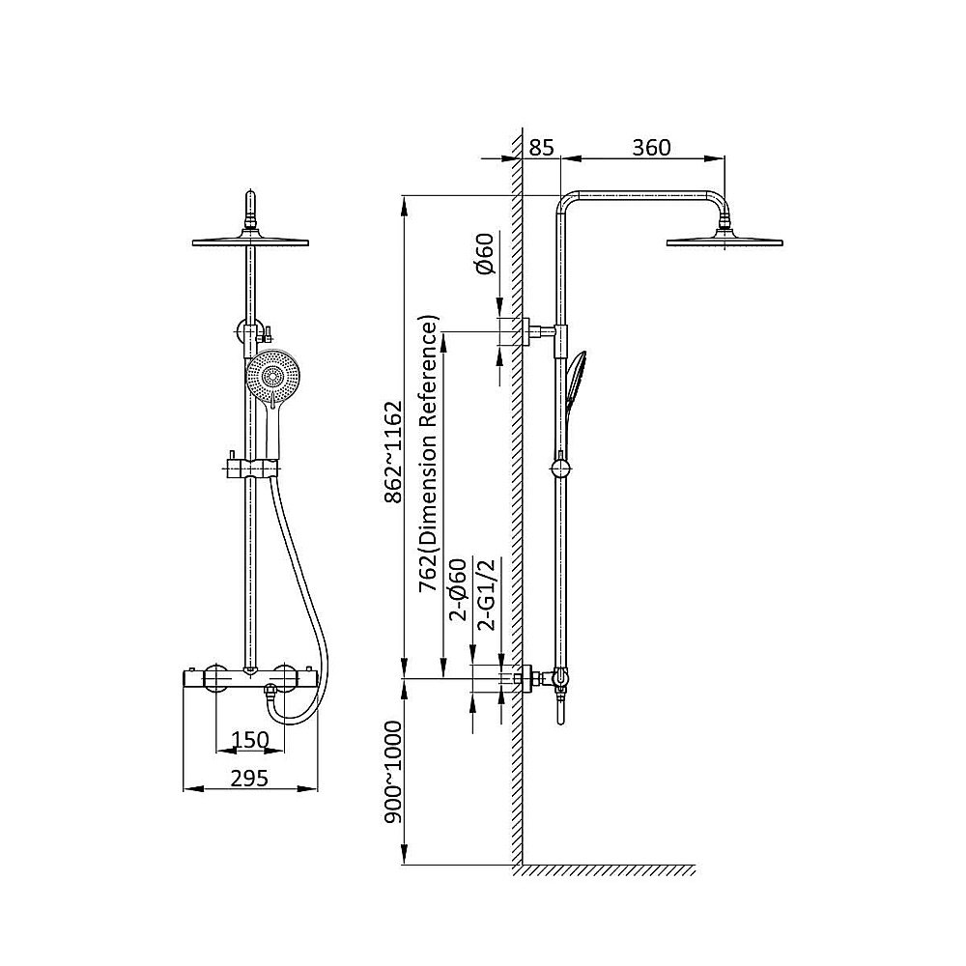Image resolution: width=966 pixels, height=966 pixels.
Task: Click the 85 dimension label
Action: click(542, 148)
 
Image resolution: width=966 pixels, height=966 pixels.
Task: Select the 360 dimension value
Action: click(651, 148)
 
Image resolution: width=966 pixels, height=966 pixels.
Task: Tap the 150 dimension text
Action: click(250, 739)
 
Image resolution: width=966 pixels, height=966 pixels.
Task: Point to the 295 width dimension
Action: click(249, 778)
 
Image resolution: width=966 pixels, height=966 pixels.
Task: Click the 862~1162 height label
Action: click(393, 453)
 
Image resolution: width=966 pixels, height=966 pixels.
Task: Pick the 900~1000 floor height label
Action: click(393, 773)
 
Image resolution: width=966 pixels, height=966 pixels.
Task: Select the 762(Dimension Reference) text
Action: click(429, 454)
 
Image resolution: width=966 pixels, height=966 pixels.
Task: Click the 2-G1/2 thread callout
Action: click(486, 594)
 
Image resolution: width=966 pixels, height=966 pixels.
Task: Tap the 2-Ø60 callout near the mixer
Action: click(458, 589)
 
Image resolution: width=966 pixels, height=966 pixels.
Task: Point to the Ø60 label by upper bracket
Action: click(485, 253)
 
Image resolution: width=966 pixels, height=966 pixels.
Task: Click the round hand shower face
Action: click(270, 375)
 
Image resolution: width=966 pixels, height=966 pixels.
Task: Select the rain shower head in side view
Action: click(724, 239)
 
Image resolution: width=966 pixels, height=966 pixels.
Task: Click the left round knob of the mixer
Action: click(216, 679)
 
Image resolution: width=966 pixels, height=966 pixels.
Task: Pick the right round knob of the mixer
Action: click(285, 679)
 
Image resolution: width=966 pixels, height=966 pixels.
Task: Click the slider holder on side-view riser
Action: click(560, 469)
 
